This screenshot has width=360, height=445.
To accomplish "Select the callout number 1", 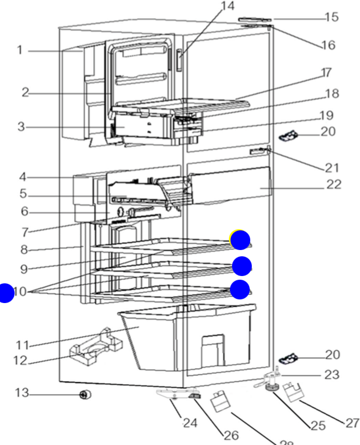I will pos(19,50).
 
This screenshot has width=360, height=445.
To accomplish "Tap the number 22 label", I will pos(333,184).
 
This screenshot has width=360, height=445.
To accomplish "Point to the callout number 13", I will pos(21,393).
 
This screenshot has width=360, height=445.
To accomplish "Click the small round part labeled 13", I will pos(83,395).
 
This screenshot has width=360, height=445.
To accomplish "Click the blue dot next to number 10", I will pos(6,293).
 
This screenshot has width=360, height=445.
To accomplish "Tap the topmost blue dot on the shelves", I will pos(240,240).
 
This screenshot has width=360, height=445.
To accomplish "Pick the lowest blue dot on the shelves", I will pos(240,290).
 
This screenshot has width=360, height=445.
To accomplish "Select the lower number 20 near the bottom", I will pos(332,355).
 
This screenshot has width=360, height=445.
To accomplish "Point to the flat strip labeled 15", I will pos(255,20).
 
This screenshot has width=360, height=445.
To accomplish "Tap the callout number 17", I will pos(326,72).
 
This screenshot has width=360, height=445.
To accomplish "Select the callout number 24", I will pos(190,423).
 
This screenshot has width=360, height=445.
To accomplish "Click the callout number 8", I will pos(24,250).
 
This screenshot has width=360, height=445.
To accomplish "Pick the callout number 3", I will pos(21,126).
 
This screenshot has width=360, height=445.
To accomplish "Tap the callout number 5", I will pos(23,194).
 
